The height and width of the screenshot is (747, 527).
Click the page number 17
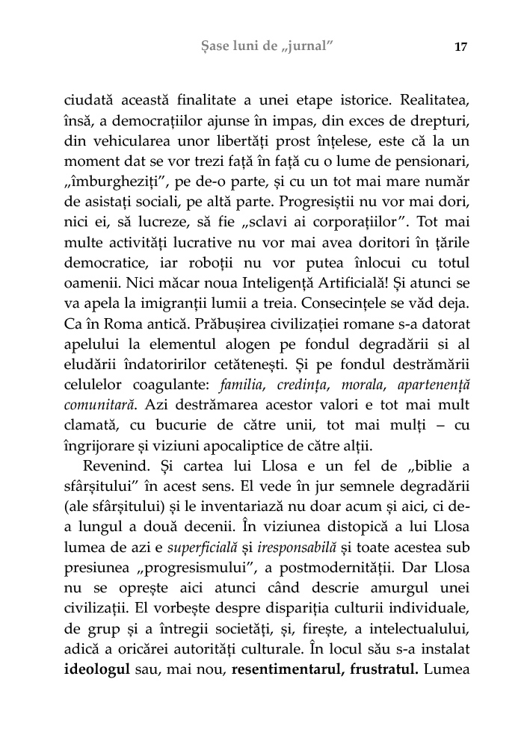point(460,47)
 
